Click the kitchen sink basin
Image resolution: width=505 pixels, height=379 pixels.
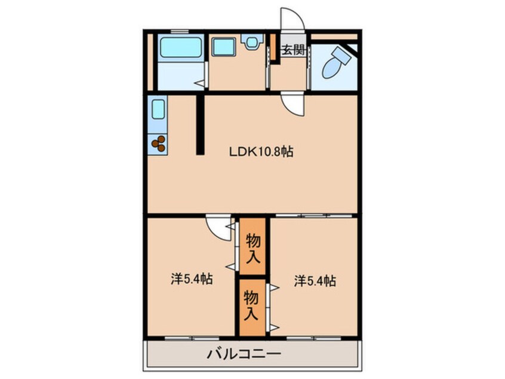pyautogui.click(x=158, y=110)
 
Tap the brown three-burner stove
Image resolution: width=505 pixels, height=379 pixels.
pyautogui.click(x=159, y=143)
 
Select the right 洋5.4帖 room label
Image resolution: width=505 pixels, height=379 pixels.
pyautogui.click(x=315, y=280)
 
